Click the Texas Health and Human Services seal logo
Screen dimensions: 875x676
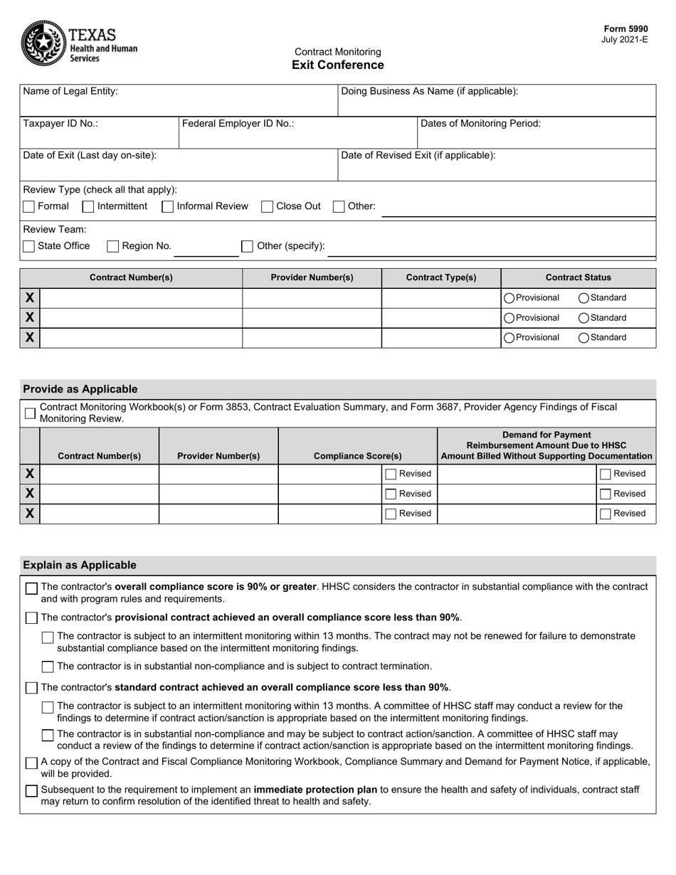click(x=43, y=43)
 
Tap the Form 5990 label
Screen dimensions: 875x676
click(x=625, y=29)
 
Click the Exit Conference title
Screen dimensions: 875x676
click(x=337, y=65)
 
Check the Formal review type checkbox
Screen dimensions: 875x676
click(x=29, y=207)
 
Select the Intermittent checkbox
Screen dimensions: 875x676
click(x=88, y=207)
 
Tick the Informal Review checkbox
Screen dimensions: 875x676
click(x=168, y=207)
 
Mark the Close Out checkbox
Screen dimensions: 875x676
click(x=268, y=207)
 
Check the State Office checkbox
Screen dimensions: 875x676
click(x=29, y=246)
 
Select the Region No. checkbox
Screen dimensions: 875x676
click(x=112, y=246)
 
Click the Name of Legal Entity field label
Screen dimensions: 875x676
click(x=70, y=92)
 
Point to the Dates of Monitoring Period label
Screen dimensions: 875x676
click(x=480, y=124)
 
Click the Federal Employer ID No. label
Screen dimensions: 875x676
click(x=238, y=124)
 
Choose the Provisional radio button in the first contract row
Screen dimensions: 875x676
click(x=509, y=298)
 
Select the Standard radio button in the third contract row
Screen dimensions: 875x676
click(x=583, y=338)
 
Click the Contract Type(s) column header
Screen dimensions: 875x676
click(x=441, y=278)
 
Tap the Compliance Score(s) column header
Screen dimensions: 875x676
click(x=357, y=456)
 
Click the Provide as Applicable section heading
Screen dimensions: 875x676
click(x=80, y=389)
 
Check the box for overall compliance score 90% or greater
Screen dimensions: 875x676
click(x=31, y=588)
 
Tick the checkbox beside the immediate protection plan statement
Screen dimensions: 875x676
click(x=31, y=791)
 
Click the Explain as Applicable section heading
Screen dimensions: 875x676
click(x=79, y=566)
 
